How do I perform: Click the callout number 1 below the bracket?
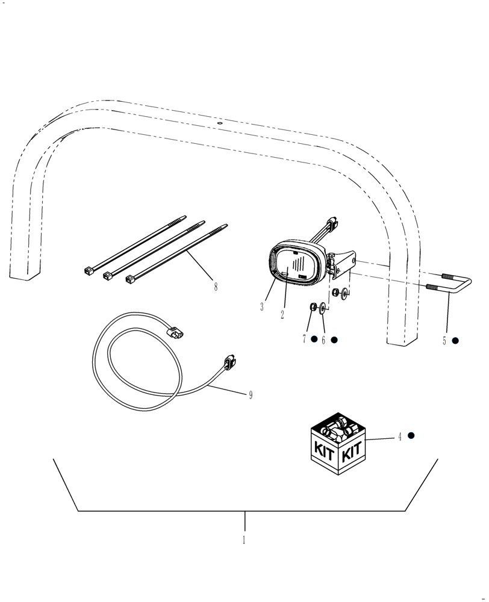click(x=244, y=540)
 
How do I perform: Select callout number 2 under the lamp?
click(x=282, y=314)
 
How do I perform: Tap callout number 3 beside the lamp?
click(x=262, y=307)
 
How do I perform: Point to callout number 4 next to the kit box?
click(x=399, y=437)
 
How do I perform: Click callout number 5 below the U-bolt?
click(x=444, y=341)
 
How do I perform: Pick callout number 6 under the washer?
click(x=323, y=340)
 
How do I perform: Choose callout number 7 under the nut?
click(x=305, y=340)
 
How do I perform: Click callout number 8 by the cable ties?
click(x=216, y=287)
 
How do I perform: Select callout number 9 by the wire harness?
click(x=251, y=395)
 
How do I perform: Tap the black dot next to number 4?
click(x=411, y=435)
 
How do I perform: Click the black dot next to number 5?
click(x=455, y=340)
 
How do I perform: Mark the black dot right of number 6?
click(x=334, y=340)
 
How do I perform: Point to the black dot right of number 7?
click(x=314, y=340)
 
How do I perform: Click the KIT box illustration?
click(x=338, y=445)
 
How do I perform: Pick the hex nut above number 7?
click(x=313, y=308)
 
